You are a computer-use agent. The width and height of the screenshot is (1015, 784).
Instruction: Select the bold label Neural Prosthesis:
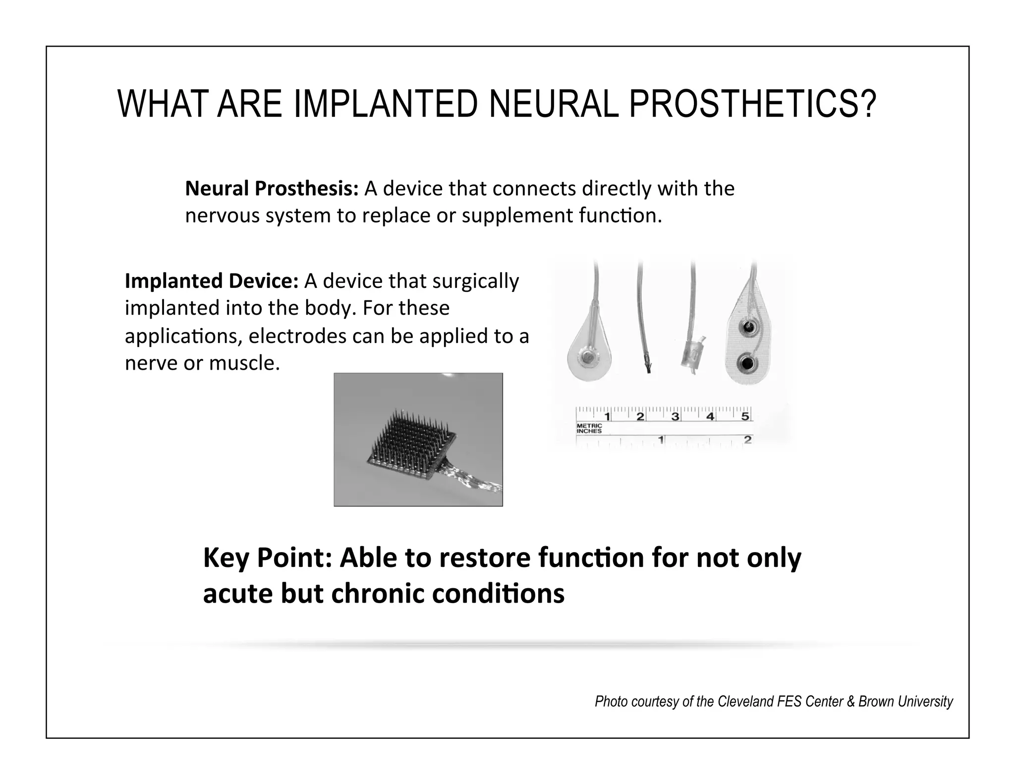271,189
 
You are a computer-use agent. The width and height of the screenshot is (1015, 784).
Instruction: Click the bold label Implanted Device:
211,281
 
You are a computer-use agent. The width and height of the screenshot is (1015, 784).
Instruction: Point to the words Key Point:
267,558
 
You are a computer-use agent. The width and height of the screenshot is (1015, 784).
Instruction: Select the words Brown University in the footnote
905,702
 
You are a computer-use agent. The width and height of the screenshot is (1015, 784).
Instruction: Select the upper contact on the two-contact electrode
746,328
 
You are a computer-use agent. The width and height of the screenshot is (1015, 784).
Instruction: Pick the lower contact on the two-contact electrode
746,365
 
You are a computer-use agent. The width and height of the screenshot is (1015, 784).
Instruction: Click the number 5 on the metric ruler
744,416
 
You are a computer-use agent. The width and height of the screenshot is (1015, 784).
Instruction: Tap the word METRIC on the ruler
589,426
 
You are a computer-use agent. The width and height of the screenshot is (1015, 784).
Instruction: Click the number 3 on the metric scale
675,416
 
